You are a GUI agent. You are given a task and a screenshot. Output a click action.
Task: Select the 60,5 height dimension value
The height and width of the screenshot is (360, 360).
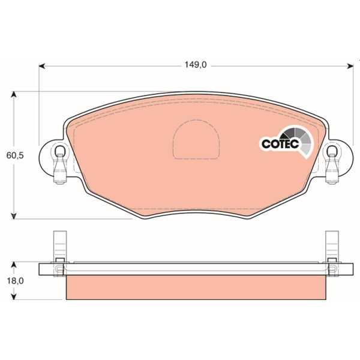tap(14, 155)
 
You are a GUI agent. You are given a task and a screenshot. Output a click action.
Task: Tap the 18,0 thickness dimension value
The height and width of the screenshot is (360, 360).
tap(14, 280)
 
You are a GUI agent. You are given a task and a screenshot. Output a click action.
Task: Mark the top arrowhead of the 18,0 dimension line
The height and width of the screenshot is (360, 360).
tap(15, 264)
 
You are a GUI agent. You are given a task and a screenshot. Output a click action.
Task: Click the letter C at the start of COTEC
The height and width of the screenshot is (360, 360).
tap(265, 144)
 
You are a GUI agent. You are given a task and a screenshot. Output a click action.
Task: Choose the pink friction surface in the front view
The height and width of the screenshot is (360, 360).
tap(120, 162)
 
